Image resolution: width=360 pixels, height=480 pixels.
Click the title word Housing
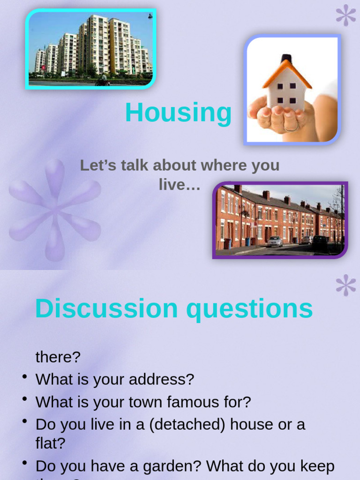coord(178,113)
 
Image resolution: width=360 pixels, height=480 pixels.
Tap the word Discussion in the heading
coord(106,309)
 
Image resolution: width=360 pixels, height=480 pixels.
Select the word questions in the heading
coord(249,309)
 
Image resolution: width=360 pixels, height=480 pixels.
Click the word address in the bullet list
coord(156,379)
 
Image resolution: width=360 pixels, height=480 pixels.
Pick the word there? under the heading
coord(58,357)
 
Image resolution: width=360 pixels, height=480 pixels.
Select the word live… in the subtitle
coord(180,185)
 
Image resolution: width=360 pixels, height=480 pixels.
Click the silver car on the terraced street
coord(275,241)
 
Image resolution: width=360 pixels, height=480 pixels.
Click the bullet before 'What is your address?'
coord(24,376)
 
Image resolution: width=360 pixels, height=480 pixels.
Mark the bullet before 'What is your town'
coord(24,399)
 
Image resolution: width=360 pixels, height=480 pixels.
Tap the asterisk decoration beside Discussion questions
coord(346,285)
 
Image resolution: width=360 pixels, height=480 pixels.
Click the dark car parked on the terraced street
coord(321,242)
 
